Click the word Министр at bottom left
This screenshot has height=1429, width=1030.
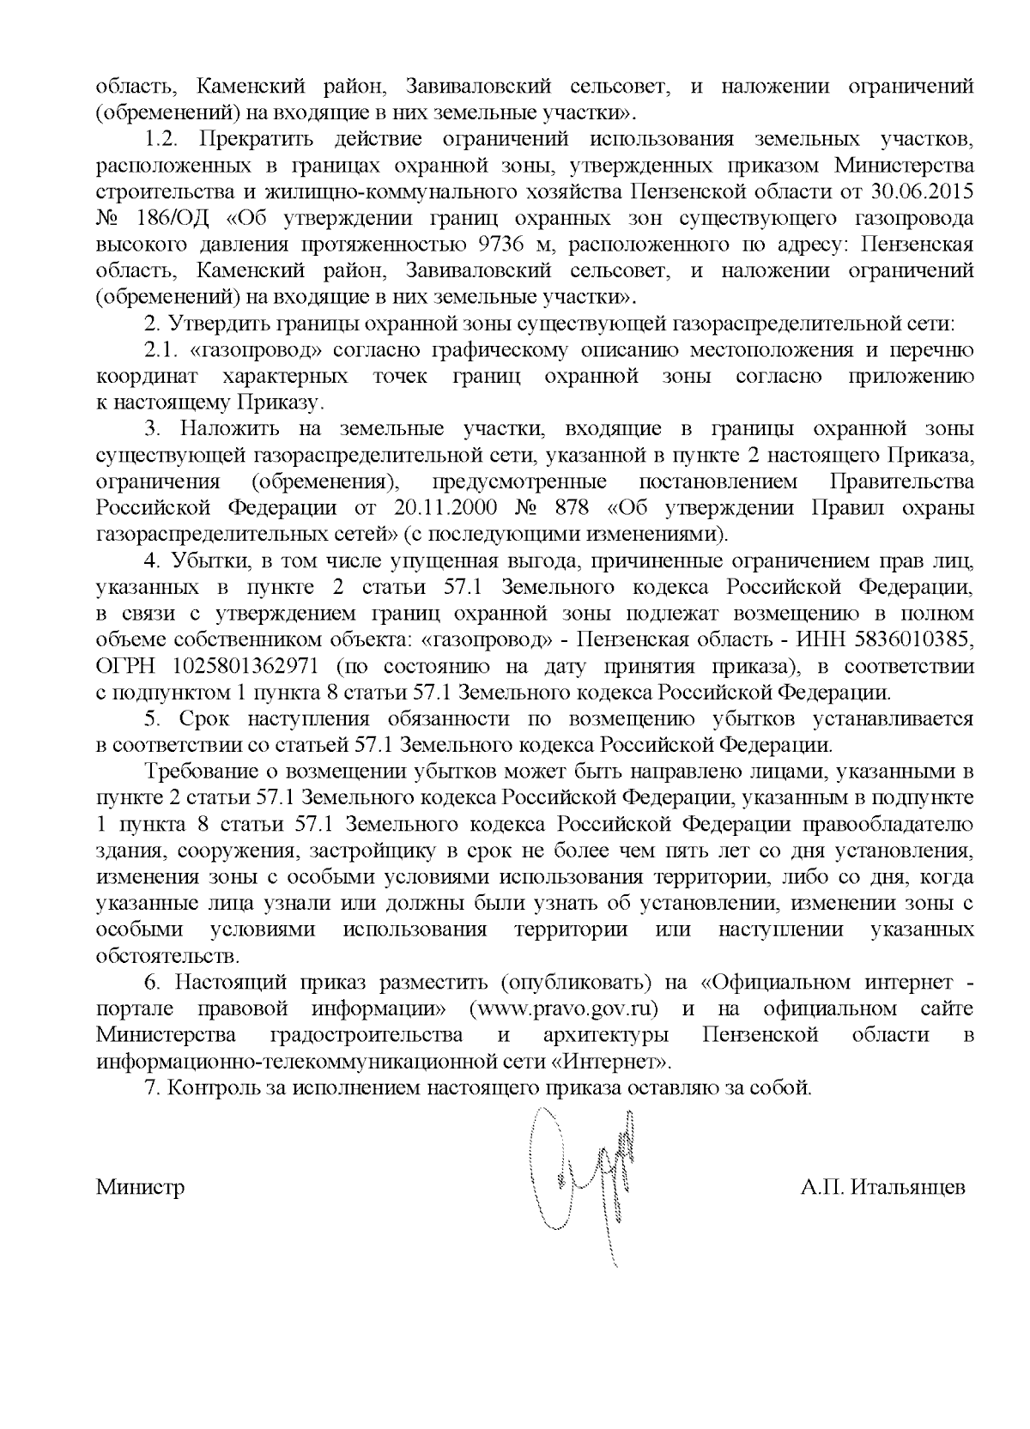[x=140, y=1188]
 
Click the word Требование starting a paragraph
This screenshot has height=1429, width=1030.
[x=206, y=771]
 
